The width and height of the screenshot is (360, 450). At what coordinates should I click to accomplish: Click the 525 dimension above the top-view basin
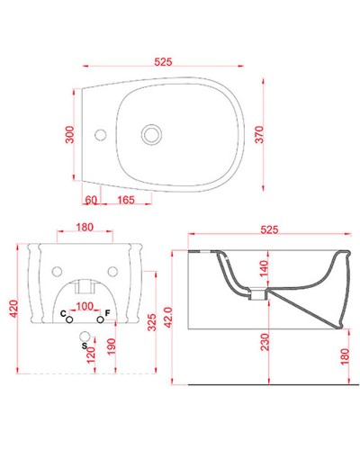(x=163, y=61)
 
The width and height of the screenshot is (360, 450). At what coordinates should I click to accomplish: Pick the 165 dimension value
(x=126, y=199)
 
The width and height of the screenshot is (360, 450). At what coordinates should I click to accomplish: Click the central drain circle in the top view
(x=149, y=135)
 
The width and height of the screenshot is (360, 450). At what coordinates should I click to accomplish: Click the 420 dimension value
(x=13, y=310)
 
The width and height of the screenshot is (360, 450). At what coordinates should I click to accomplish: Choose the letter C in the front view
(x=62, y=312)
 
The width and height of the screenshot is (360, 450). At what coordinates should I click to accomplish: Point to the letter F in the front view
(x=107, y=312)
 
